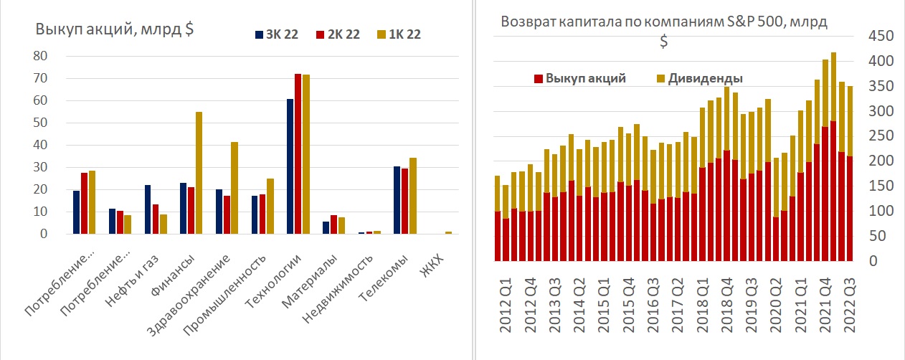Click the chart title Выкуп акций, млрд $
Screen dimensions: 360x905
click(x=115, y=29)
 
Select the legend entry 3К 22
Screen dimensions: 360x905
click(x=276, y=34)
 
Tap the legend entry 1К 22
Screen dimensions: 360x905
click(x=399, y=34)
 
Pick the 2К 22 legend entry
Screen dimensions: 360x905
click(x=337, y=34)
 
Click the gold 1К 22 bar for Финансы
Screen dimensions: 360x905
click(x=199, y=173)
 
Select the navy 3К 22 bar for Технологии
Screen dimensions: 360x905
click(x=290, y=166)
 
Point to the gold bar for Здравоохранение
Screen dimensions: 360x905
click(x=234, y=188)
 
